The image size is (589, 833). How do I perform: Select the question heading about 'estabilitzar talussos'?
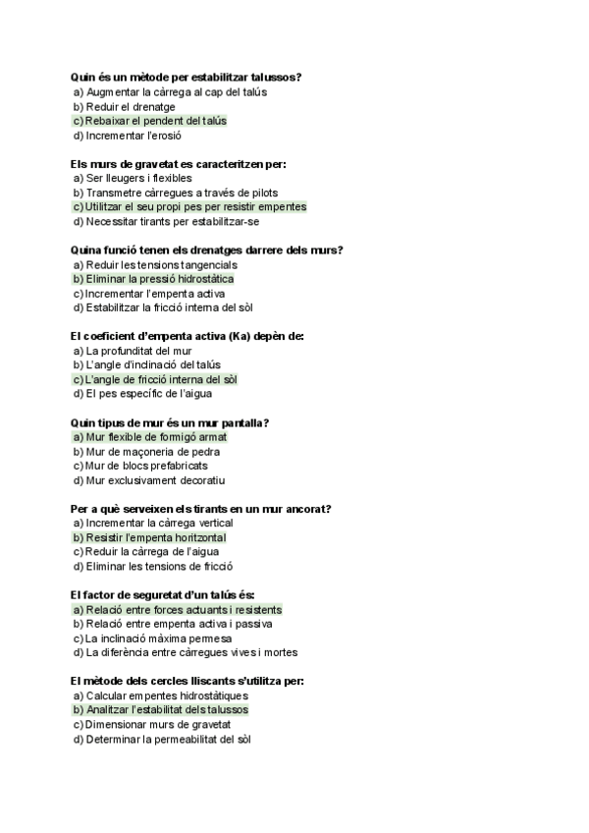pos(186,77)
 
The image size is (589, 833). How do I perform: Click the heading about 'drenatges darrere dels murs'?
pos(207,250)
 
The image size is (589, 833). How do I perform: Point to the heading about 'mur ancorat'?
pos(200,509)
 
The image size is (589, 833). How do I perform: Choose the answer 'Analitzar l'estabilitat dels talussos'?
pos(167,710)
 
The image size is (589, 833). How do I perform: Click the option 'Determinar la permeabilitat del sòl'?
pos(168,740)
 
